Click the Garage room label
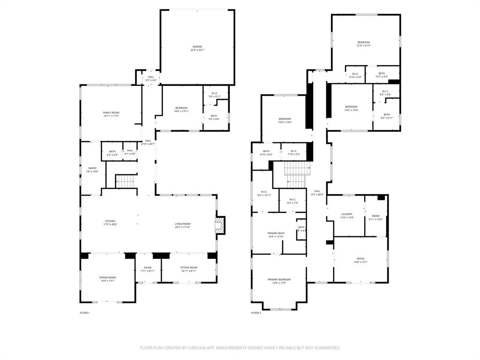tap(197, 47)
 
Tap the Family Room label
tap(111, 112)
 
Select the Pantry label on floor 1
tap(92, 168)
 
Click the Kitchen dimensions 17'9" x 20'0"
tap(110, 225)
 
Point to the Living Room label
tap(182, 224)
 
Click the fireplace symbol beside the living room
tap(219, 225)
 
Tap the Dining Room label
tap(107, 277)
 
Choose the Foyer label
tap(148, 268)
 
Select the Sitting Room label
tap(188, 268)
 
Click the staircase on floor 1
tap(125, 181)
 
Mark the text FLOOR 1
tap(84, 313)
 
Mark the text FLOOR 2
tap(256, 313)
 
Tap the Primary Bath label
tap(276, 233)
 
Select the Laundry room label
tap(347, 214)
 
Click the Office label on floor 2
tap(360, 259)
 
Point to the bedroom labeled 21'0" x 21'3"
tap(364, 43)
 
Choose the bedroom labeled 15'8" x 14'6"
tap(285, 119)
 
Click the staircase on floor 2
tap(297, 173)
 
